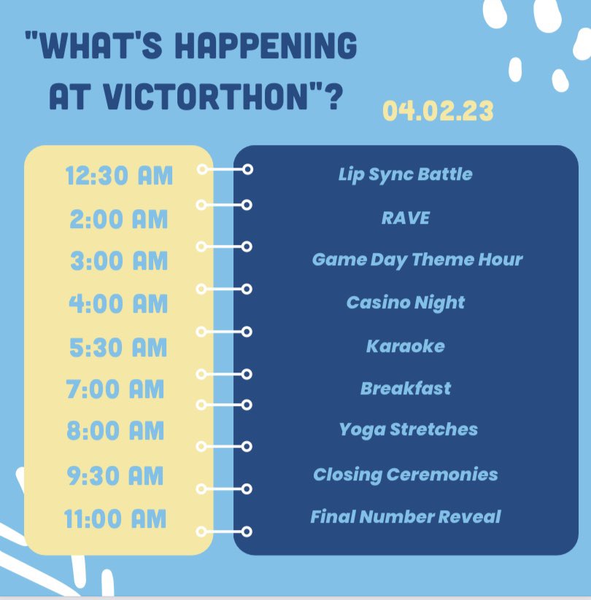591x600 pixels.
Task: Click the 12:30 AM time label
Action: [x=119, y=176]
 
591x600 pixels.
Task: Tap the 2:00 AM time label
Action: [x=119, y=219]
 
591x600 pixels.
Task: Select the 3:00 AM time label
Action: [x=119, y=260]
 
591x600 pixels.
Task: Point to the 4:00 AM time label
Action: [x=119, y=303]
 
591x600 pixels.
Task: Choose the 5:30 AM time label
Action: [x=119, y=347]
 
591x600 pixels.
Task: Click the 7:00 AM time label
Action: [x=115, y=389]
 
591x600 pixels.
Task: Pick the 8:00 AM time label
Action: [x=115, y=430]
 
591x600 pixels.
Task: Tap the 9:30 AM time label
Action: [x=115, y=476]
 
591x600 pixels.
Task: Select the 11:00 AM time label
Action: [x=115, y=519]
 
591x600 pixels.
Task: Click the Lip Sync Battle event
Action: [x=405, y=174]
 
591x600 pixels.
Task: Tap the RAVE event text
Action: [x=405, y=217]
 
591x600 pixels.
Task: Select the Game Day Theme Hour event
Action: [x=417, y=260]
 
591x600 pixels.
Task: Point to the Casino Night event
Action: [x=405, y=303]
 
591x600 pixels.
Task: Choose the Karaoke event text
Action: [x=405, y=346]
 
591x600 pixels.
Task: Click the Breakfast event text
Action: [x=405, y=388]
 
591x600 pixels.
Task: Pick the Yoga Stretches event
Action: [x=408, y=429]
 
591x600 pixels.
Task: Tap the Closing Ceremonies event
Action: [x=405, y=475]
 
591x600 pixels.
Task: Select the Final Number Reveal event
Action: [x=405, y=517]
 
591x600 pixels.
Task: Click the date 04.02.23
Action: [x=438, y=112]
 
